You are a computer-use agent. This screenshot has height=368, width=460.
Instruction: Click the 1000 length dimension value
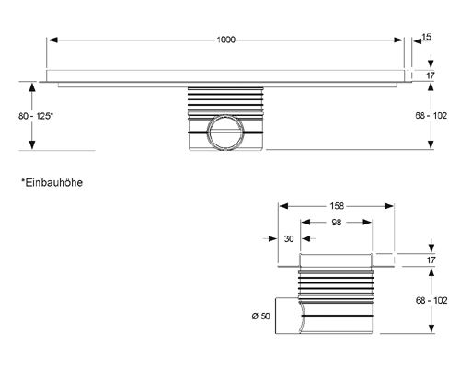pos(226,40)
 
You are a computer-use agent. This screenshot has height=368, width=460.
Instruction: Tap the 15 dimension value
pos(426,37)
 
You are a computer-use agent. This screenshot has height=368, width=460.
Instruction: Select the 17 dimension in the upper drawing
pos(431,75)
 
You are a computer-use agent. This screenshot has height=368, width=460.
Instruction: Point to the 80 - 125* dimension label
pos(36,116)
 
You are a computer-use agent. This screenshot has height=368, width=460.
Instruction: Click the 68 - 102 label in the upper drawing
pos(431,116)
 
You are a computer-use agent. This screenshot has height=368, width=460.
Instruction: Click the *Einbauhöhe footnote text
pos(52,183)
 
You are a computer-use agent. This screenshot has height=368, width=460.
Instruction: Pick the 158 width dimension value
pos(337,206)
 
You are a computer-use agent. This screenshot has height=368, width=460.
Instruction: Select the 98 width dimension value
pos(337,223)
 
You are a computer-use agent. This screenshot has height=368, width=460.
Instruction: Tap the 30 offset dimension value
pos(289,238)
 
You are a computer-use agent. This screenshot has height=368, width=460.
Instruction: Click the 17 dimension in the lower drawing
pos(431,260)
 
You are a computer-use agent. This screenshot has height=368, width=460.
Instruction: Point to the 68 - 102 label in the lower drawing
pos(431,300)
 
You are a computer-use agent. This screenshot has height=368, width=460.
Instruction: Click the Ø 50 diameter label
pos(261,316)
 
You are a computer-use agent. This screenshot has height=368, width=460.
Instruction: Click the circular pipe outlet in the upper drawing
pos(226,116)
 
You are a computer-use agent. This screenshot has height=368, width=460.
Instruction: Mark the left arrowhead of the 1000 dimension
pos(53,40)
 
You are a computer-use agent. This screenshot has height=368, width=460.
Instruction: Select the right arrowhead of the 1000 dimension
pos(398,40)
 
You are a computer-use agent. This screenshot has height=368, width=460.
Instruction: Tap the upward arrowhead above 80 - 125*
pos(32,87)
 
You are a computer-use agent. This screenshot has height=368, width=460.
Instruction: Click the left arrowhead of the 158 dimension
pos(284,206)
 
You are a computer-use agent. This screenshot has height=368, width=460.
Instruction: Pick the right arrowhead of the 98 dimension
pos(367,222)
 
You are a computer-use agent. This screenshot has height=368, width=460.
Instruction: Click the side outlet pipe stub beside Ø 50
pos(288,316)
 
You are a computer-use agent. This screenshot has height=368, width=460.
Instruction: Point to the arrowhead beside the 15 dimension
pos(417,41)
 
